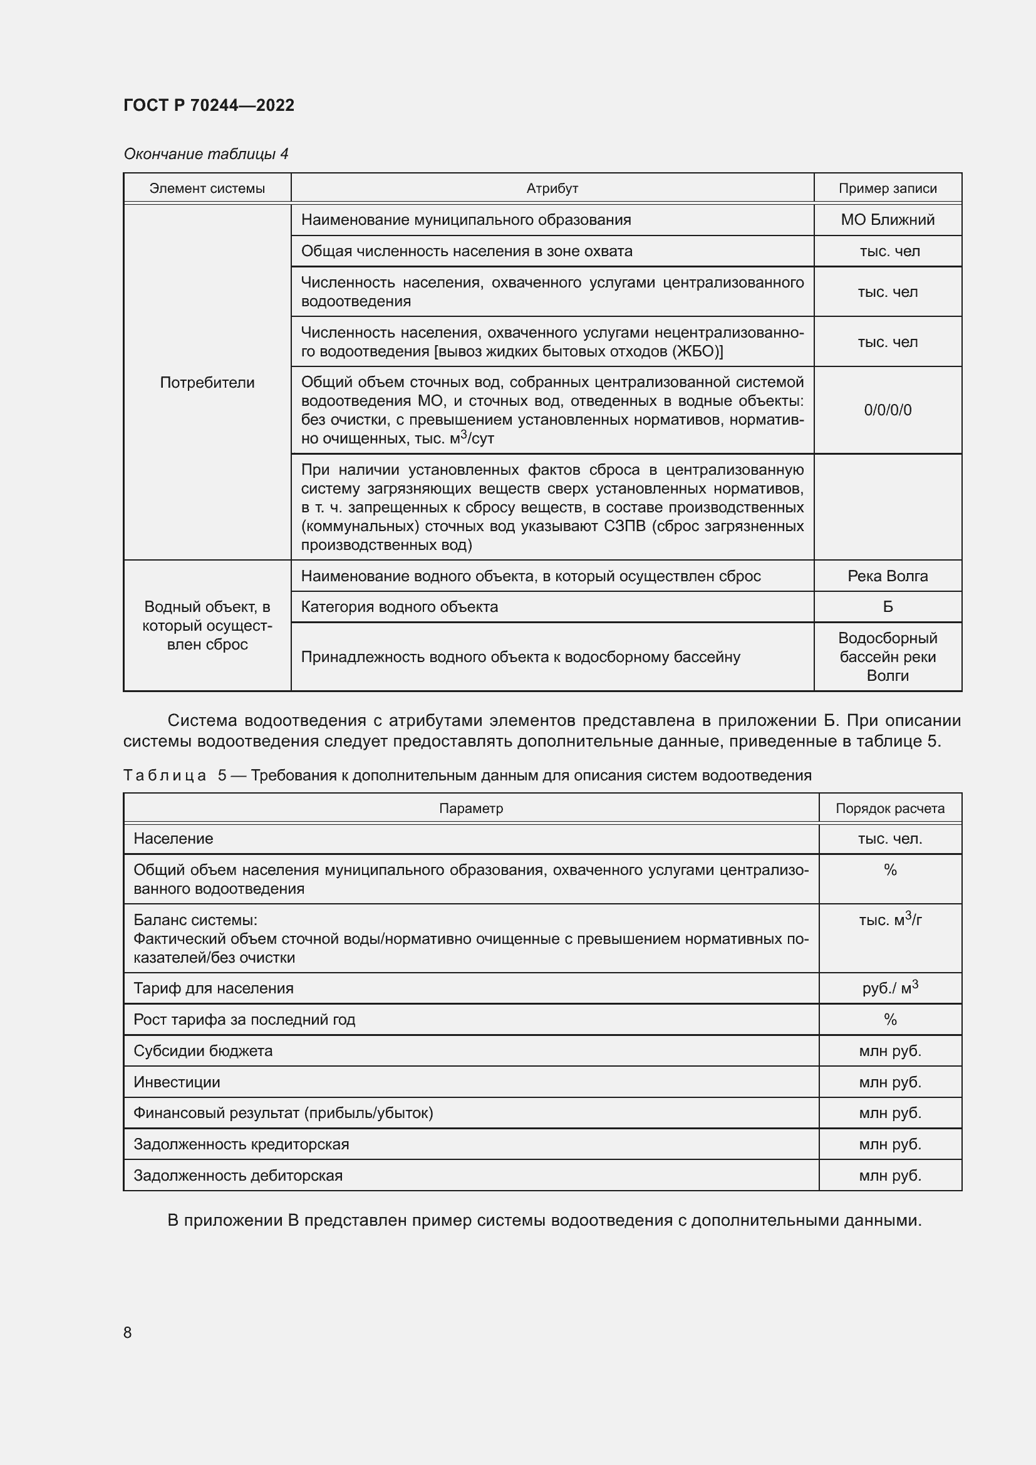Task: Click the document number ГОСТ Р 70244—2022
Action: (209, 105)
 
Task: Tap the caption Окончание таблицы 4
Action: (205, 154)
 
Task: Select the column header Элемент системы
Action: (207, 189)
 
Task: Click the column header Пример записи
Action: (887, 189)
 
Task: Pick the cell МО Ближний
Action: (887, 219)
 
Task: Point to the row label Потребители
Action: (207, 382)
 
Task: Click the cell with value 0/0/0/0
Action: (887, 410)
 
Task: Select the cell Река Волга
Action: (887, 576)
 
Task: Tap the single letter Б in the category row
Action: (887, 607)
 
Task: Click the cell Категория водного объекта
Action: (400, 607)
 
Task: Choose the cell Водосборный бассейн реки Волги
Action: (887, 656)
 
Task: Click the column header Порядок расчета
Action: (889, 809)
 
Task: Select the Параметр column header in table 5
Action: (471, 809)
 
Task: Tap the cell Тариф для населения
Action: (213, 988)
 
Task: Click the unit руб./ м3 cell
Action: (889, 988)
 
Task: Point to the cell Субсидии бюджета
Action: (203, 1051)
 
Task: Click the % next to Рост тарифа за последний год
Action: (890, 1020)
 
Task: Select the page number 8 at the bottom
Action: (128, 1332)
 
